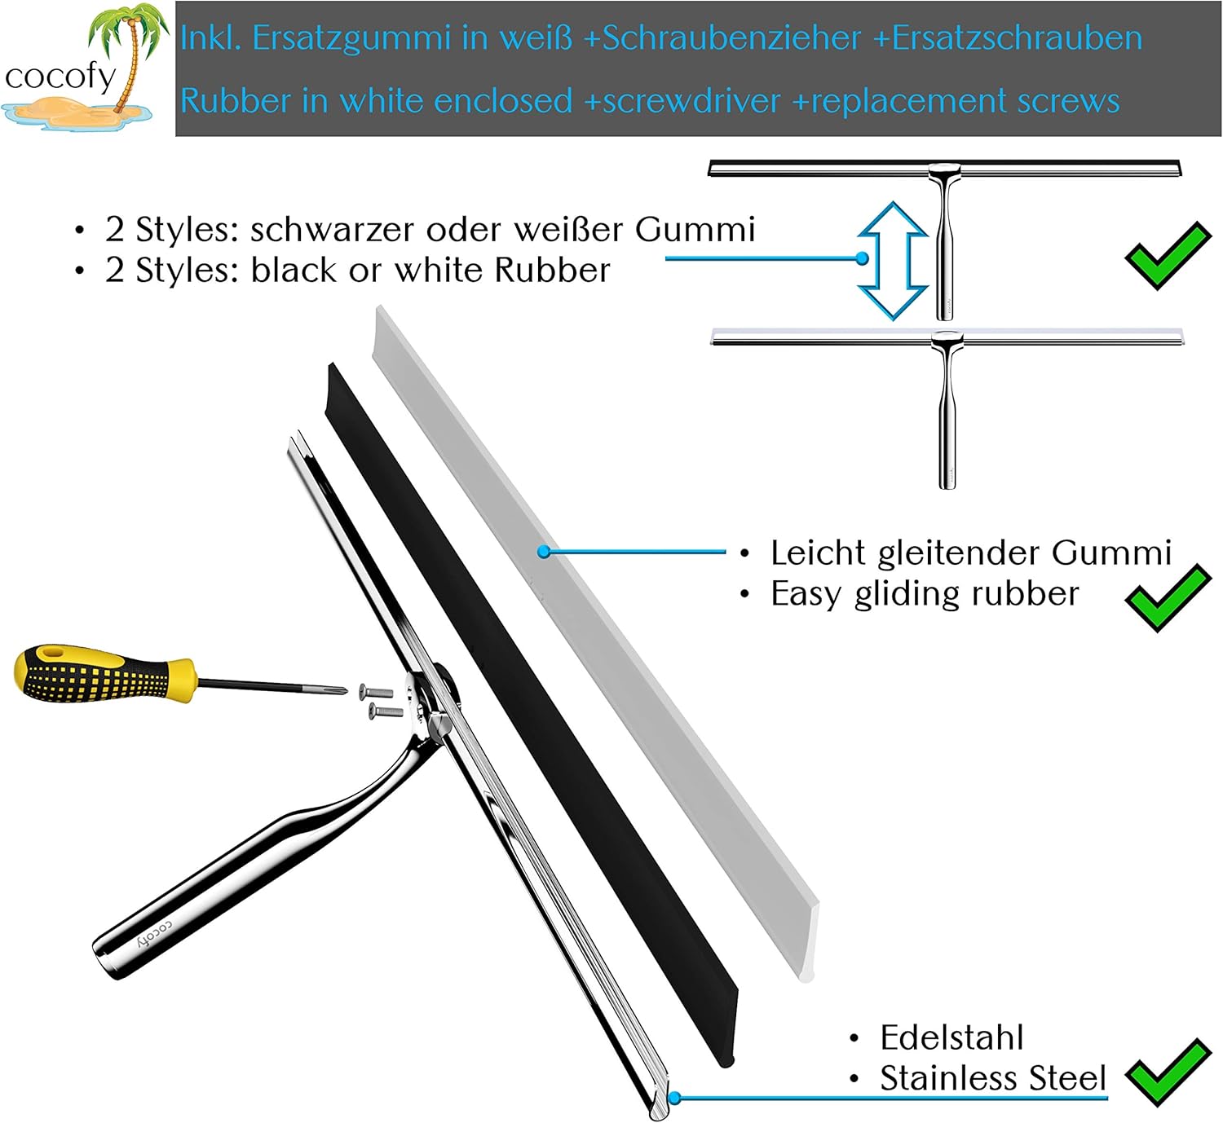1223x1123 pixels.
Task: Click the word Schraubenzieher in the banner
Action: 731,37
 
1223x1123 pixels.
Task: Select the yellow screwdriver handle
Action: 104,673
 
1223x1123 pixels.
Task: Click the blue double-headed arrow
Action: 893,260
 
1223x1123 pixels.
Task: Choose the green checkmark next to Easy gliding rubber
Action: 1168,598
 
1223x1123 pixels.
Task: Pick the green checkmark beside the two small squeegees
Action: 1168,255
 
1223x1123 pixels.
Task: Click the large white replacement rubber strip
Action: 594,643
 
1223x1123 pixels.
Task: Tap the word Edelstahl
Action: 951,1037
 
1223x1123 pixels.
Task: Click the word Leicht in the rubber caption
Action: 818,553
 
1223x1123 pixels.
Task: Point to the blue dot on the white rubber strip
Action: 544,552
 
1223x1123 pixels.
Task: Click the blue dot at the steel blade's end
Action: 674,1098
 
